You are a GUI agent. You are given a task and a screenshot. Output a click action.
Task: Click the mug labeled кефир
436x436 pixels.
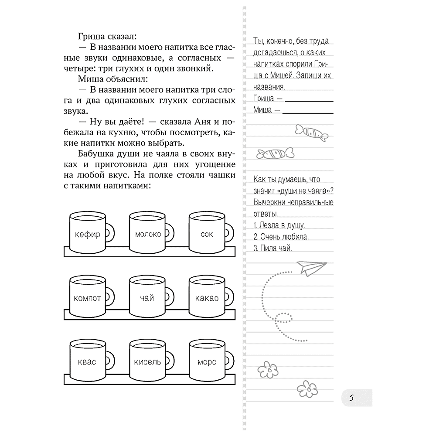(x=88, y=234)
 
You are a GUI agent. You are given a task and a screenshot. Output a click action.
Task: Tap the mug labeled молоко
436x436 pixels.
(x=148, y=234)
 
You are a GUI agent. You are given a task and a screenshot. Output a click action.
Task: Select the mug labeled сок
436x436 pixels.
(x=207, y=234)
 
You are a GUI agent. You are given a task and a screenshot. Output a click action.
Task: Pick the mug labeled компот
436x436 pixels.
(x=88, y=298)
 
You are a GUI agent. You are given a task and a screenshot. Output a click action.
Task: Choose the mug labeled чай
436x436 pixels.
(x=148, y=298)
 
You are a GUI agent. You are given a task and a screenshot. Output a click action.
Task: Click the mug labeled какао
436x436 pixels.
(x=207, y=298)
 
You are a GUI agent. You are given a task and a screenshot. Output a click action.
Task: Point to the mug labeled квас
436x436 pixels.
(x=88, y=361)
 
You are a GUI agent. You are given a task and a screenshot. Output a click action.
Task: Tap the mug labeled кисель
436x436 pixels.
(x=148, y=361)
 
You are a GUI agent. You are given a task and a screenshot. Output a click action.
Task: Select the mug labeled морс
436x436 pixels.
(x=207, y=361)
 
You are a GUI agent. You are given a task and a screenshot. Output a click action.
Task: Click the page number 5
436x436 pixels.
(x=351, y=398)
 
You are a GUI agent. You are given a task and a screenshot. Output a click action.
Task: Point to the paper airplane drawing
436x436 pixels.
(x=311, y=267)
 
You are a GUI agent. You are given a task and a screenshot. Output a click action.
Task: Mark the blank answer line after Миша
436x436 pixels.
(x=308, y=111)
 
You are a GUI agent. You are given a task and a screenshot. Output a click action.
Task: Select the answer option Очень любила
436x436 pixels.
(x=284, y=237)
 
